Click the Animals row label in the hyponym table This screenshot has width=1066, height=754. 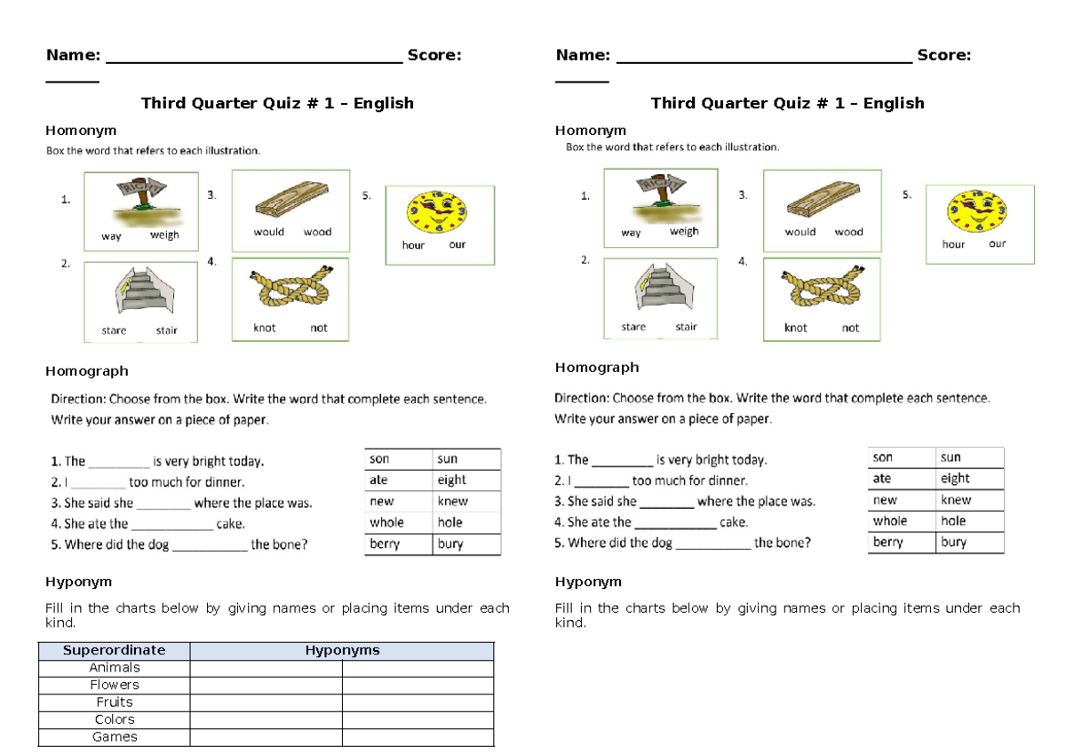pos(115,668)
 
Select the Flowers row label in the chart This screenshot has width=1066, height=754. pos(115,685)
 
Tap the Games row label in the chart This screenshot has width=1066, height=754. pos(115,737)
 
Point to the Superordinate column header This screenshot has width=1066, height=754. pos(114,650)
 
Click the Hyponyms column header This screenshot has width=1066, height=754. pos(342,650)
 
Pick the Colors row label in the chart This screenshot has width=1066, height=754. pos(115,719)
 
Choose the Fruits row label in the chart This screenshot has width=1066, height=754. pos(115,702)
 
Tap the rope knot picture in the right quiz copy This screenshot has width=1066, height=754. pos(821,289)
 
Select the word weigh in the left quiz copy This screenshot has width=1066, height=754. pos(164,235)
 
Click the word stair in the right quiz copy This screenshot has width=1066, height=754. pos(686,327)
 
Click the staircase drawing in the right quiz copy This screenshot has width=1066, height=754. pos(660,290)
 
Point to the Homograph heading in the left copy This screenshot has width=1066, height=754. pos(87,371)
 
